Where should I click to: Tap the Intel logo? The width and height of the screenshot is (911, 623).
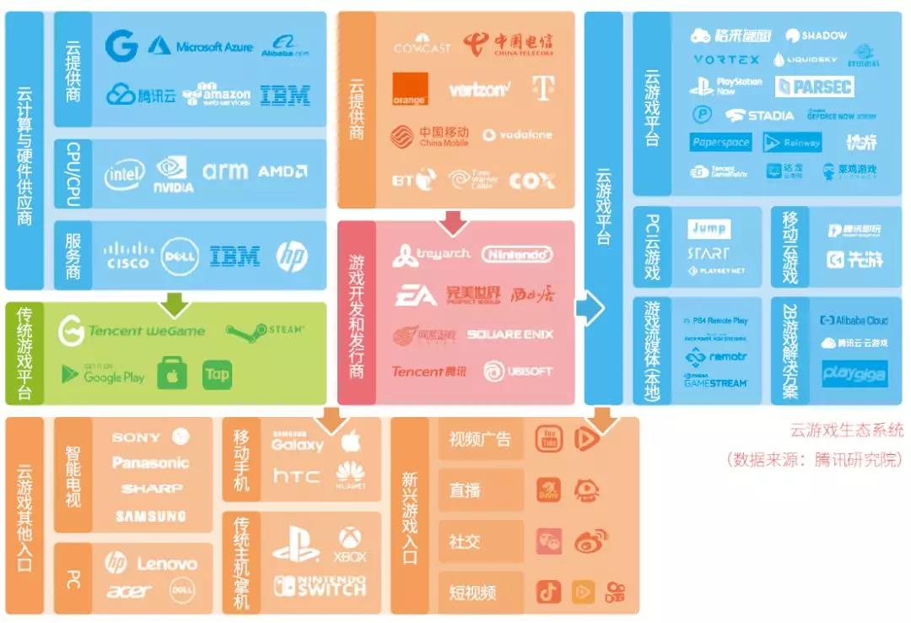pyautogui.click(x=124, y=174)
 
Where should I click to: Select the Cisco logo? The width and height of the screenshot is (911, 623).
pyautogui.click(x=128, y=256)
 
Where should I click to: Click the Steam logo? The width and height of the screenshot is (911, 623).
pyautogui.click(x=264, y=330)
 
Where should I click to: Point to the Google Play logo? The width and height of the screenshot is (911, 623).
pyautogui.click(x=103, y=374)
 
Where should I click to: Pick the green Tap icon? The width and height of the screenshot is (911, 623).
pyautogui.click(x=217, y=374)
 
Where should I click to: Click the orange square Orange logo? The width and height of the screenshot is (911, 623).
pyautogui.click(x=410, y=89)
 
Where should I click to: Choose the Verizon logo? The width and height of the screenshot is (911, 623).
pyautogui.click(x=479, y=89)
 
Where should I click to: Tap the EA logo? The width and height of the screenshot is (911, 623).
pyautogui.click(x=416, y=295)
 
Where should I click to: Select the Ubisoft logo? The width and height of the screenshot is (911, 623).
pyautogui.click(x=518, y=371)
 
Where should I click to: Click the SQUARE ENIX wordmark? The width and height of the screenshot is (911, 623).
pyautogui.click(x=510, y=334)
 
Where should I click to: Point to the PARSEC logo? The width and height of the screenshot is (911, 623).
pyautogui.click(x=814, y=86)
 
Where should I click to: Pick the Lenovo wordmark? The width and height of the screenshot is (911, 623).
pyautogui.click(x=166, y=563)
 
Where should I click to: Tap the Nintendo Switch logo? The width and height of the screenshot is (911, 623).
pyautogui.click(x=320, y=586)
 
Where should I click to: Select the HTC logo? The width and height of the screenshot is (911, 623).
pyautogui.click(x=296, y=477)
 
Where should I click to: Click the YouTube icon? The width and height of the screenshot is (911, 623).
pyautogui.click(x=549, y=438)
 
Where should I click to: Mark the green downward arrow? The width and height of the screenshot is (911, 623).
pyautogui.click(x=175, y=302)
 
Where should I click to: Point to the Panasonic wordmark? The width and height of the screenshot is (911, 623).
pyautogui.click(x=150, y=463)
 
